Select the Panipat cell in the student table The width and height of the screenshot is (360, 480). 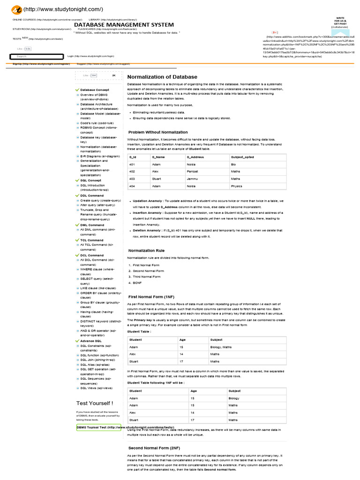[x=193, y=172]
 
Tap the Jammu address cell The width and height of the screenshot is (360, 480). [x=193, y=179]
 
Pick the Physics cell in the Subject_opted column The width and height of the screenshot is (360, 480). [x=237, y=186]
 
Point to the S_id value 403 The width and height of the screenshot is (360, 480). [x=132, y=179]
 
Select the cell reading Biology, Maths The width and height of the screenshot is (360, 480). [x=221, y=347]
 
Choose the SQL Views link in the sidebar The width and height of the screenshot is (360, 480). [x=96, y=388]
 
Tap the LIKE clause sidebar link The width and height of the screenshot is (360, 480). [x=97, y=288]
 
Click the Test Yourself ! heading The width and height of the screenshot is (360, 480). [x=94, y=403]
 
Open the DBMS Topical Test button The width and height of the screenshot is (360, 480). [x=99, y=427]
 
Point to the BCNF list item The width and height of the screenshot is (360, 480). [x=137, y=283]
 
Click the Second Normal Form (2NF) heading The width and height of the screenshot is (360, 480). [x=154, y=448]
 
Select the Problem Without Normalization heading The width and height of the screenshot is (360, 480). [x=158, y=132]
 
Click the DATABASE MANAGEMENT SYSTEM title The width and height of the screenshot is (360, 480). [x=124, y=25]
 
